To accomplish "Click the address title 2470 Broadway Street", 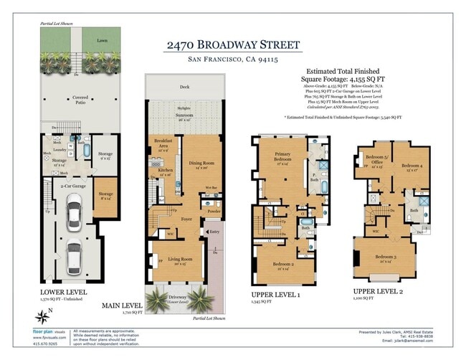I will [233, 45].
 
